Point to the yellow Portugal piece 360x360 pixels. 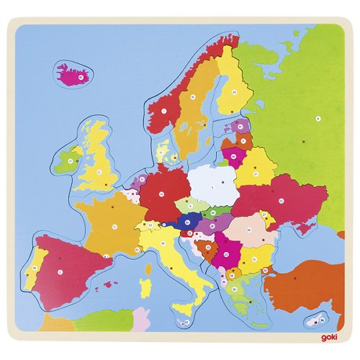coord(33,270)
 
